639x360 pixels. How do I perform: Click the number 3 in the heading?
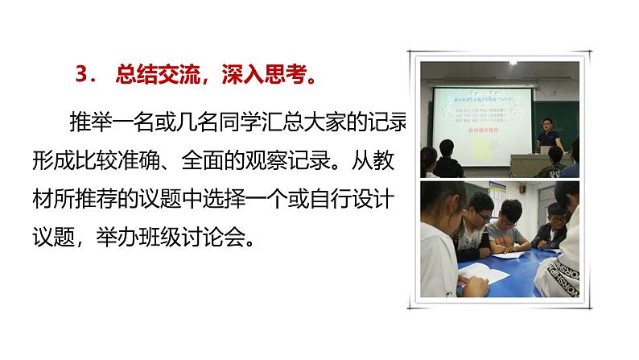(x=80, y=77)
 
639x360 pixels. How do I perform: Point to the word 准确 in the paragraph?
(x=173, y=161)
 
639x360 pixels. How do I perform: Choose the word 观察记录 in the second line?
(x=319, y=161)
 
